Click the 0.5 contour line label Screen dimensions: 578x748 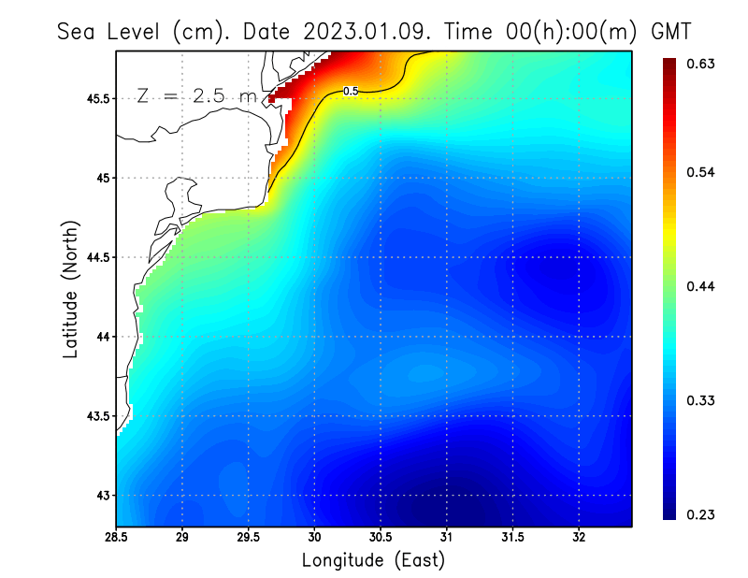pos(352,91)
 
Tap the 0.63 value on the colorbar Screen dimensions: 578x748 pos(702,64)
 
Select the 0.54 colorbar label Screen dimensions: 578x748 pos(702,172)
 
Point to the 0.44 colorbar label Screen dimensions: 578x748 pos(702,286)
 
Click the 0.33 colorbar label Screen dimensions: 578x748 pos(702,400)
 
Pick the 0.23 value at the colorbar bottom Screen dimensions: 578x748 pos(702,514)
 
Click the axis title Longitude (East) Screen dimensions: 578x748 pos(373,560)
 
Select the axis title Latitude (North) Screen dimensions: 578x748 pos(71,288)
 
